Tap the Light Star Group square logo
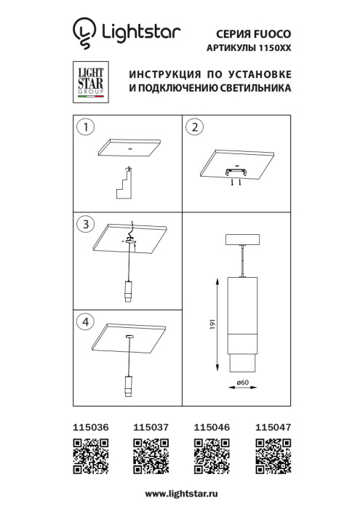90,82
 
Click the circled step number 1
87,128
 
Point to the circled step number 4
87,321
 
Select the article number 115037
151,429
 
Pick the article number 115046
211,429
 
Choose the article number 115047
272,429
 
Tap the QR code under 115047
271,457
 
